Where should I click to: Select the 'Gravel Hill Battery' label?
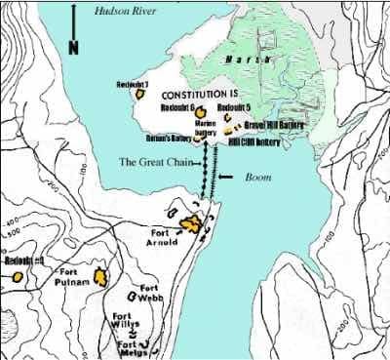click(272, 125)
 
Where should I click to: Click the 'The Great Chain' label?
click(152, 162)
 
